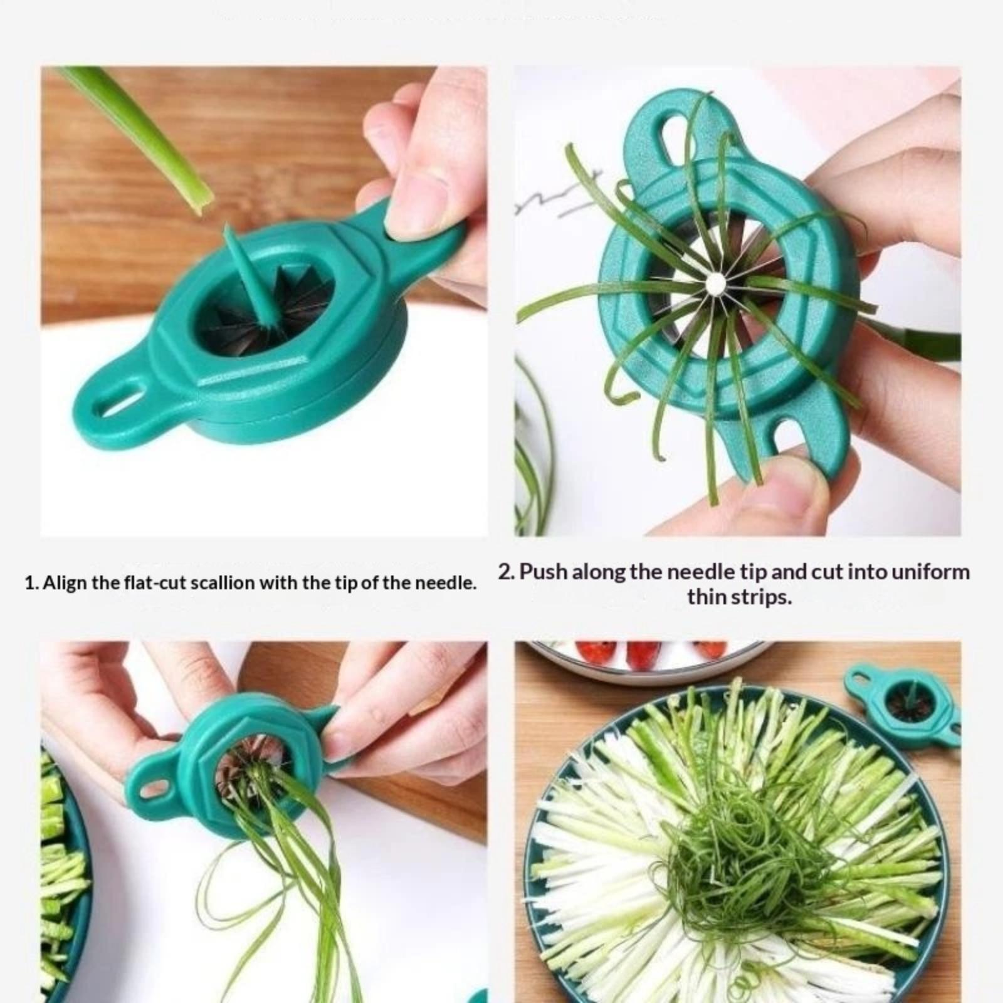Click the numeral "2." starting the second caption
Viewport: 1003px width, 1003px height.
[507, 572]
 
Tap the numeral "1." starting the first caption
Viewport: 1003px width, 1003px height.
[32, 584]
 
